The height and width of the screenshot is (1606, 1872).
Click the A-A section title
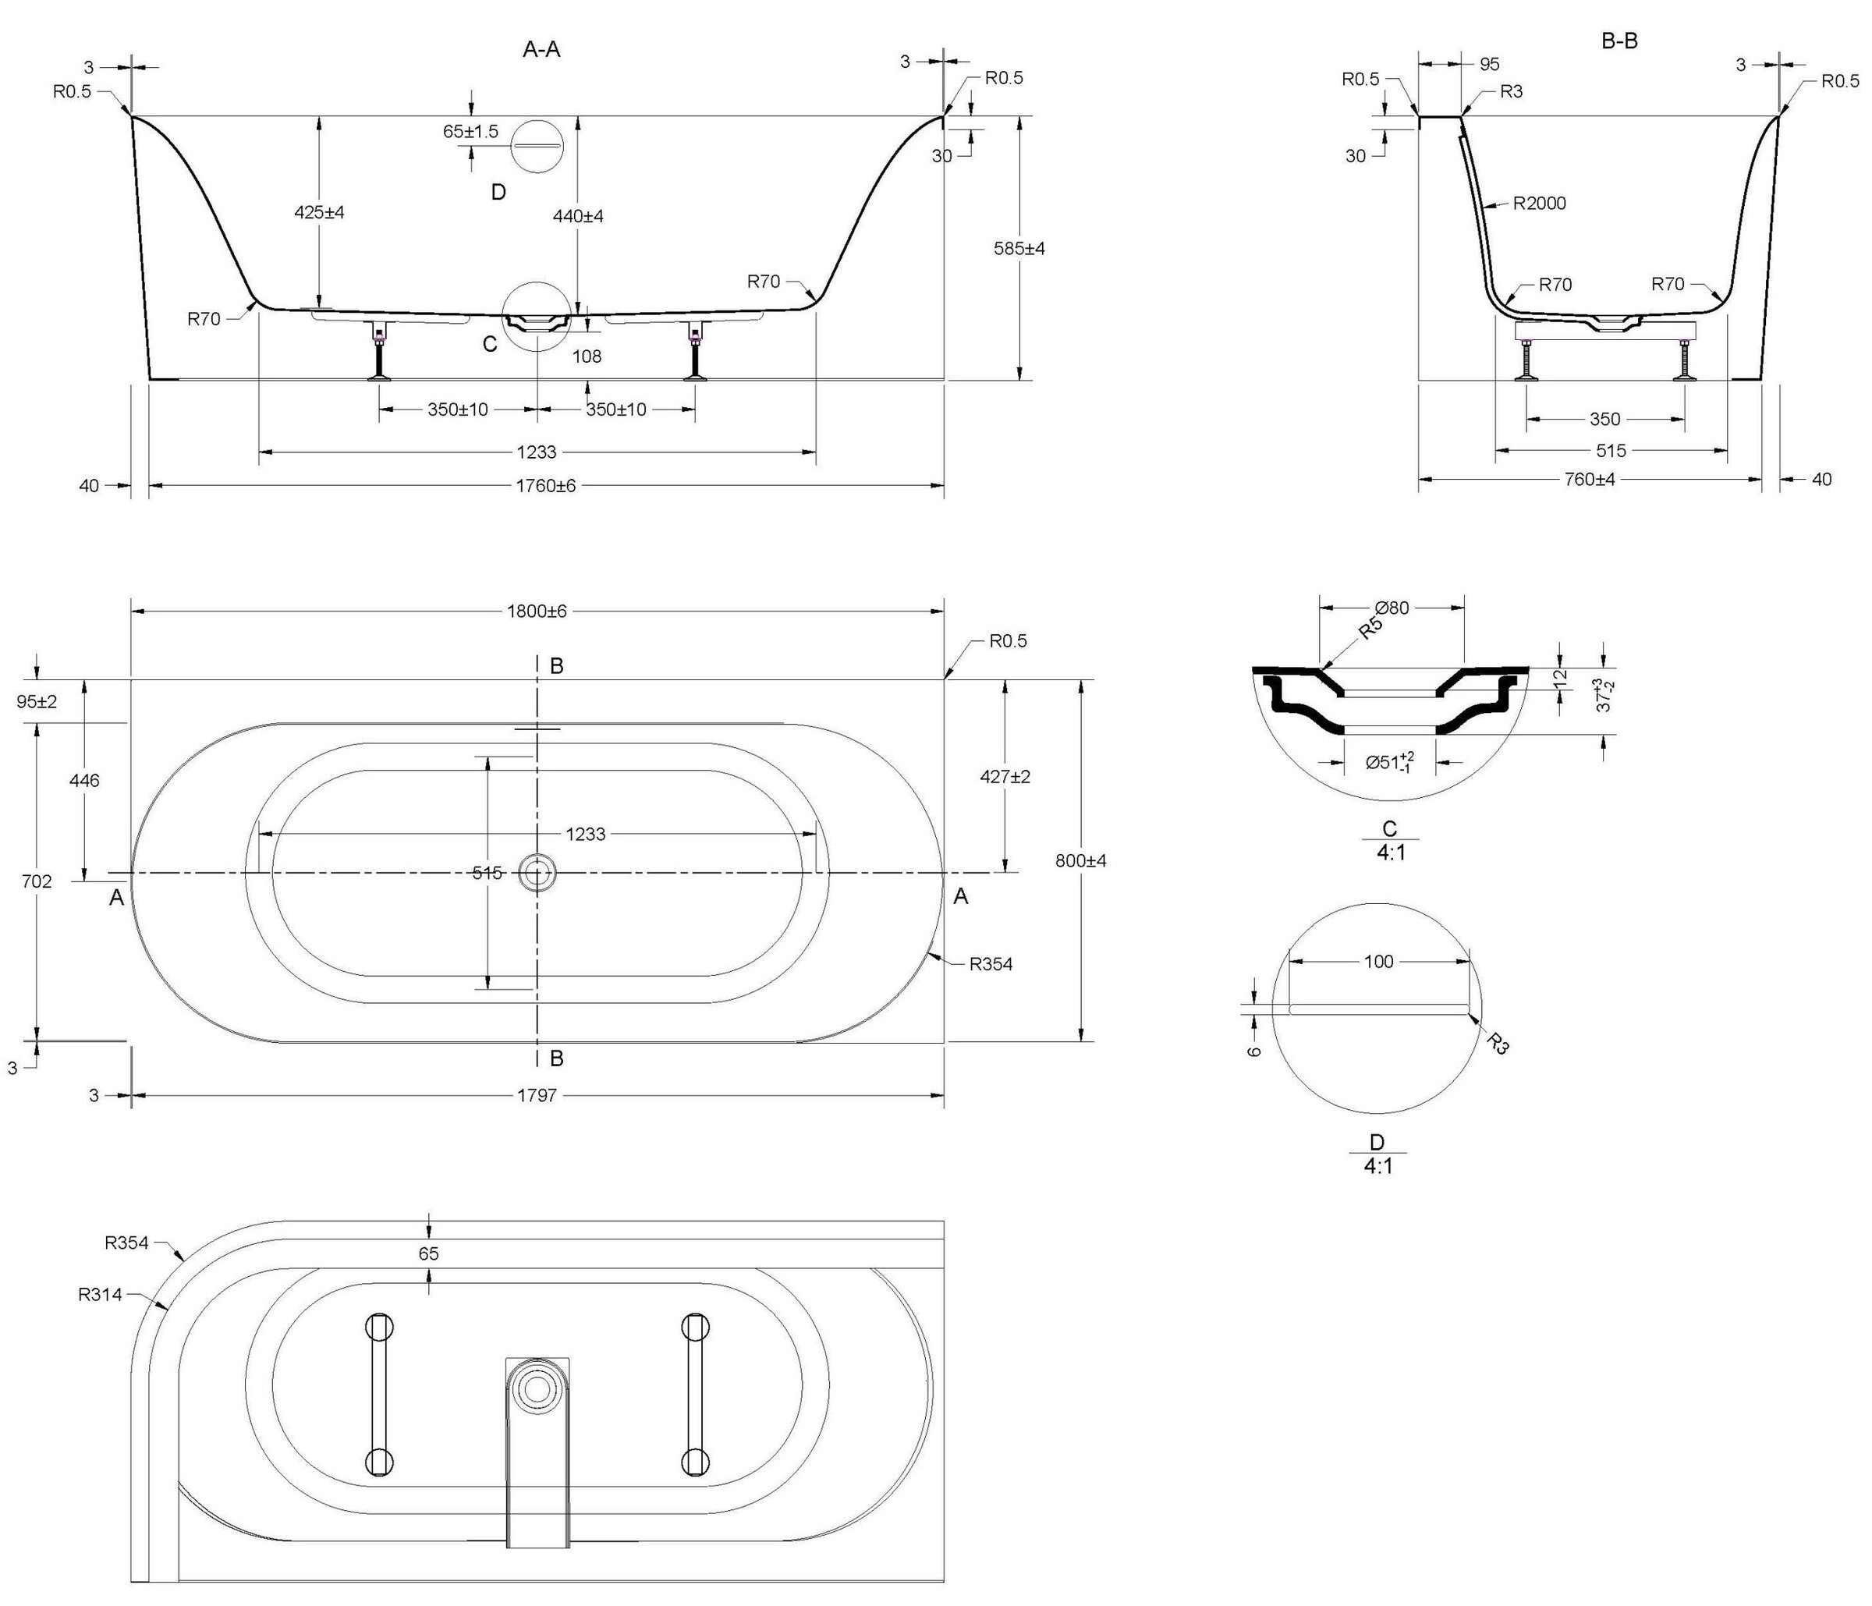(541, 50)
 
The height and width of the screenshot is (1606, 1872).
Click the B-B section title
(1618, 41)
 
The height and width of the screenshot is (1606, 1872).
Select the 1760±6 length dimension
(546, 486)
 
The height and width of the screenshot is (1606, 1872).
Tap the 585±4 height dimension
(1019, 248)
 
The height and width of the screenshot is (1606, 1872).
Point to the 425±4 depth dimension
(320, 213)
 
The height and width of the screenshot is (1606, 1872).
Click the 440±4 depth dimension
(578, 216)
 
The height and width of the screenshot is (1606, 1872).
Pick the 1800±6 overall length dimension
(537, 612)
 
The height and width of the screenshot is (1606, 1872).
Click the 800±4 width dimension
(1080, 861)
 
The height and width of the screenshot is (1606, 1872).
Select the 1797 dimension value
(537, 1096)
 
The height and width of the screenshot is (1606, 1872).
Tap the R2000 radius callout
(1540, 204)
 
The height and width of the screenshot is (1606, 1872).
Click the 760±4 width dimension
(1589, 480)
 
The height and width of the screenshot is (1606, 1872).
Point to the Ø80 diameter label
(1392, 608)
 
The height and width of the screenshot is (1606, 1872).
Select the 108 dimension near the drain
(587, 356)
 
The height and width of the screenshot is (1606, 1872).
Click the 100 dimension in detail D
(1379, 962)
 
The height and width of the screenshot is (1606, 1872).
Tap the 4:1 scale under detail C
(1392, 852)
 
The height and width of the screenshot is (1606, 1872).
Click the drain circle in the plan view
(537, 873)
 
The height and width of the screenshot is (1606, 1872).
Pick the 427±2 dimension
(1005, 777)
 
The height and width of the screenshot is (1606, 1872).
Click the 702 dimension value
(37, 881)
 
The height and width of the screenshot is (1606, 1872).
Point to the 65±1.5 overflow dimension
(470, 132)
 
